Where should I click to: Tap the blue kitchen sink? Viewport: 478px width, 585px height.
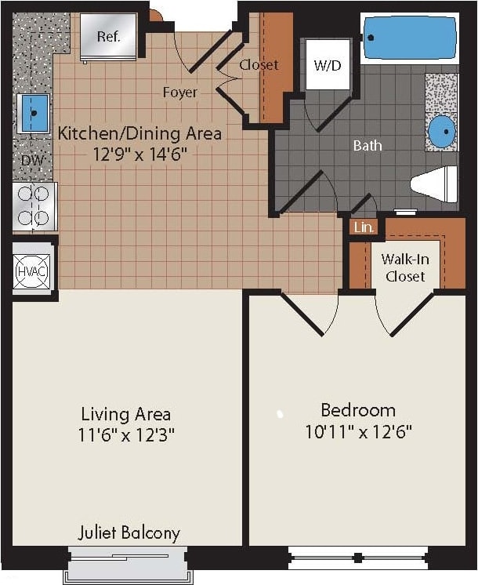[x=33, y=113]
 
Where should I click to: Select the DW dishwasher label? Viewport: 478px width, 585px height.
[x=31, y=160]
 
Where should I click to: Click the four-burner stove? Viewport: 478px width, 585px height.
[x=34, y=206]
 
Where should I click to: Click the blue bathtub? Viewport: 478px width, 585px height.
[x=409, y=38]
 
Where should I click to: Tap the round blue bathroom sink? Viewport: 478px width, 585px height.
[x=444, y=129]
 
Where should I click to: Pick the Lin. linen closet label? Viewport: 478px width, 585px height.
[x=364, y=227]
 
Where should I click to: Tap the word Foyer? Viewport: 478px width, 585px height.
[x=179, y=93]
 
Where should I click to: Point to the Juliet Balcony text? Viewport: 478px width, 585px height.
[x=129, y=533]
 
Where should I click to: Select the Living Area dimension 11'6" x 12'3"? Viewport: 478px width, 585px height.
[x=126, y=434]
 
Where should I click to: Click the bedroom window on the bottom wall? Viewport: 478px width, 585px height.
[x=357, y=558]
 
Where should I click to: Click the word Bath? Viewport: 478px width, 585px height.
[x=368, y=145]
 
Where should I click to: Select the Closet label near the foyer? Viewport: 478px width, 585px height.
[x=259, y=65]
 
